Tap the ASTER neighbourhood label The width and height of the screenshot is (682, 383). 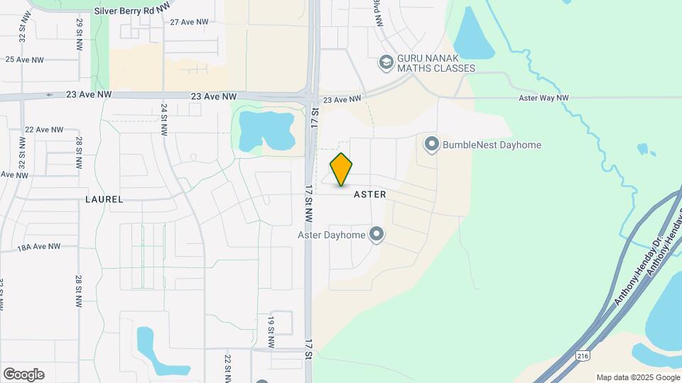click(x=369, y=194)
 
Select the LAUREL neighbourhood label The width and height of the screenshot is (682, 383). click(x=104, y=200)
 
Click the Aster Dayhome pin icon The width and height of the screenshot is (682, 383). click(x=377, y=234)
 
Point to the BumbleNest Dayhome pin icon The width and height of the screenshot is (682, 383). click(x=431, y=145)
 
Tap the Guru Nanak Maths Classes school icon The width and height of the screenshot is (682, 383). click(x=386, y=62)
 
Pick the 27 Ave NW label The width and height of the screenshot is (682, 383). click(x=189, y=22)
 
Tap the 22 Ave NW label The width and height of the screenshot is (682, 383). click(x=44, y=130)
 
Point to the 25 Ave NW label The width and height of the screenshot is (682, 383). click(x=25, y=60)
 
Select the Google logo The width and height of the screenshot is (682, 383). click(x=23, y=374)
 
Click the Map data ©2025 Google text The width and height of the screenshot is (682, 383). click(x=637, y=377)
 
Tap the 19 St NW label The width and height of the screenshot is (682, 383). click(x=271, y=326)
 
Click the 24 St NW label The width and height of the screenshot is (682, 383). click(x=164, y=114)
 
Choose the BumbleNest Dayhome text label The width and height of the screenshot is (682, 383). click(x=492, y=145)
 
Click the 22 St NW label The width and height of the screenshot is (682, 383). click(x=228, y=366)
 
